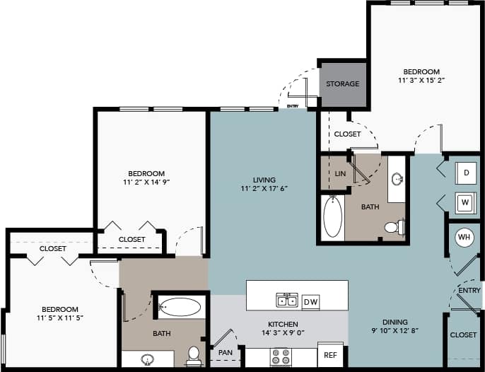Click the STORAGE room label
point(342,84)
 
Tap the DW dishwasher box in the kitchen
point(310,302)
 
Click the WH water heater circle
point(464,237)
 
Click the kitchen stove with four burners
point(281,356)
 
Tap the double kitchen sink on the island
point(286,301)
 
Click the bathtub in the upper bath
point(332,217)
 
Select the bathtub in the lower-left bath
point(180,307)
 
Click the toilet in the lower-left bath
point(194,356)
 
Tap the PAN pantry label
point(226,351)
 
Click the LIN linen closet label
point(340,173)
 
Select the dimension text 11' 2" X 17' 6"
point(264,190)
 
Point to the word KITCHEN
point(264,324)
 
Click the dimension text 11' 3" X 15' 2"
point(421,81)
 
